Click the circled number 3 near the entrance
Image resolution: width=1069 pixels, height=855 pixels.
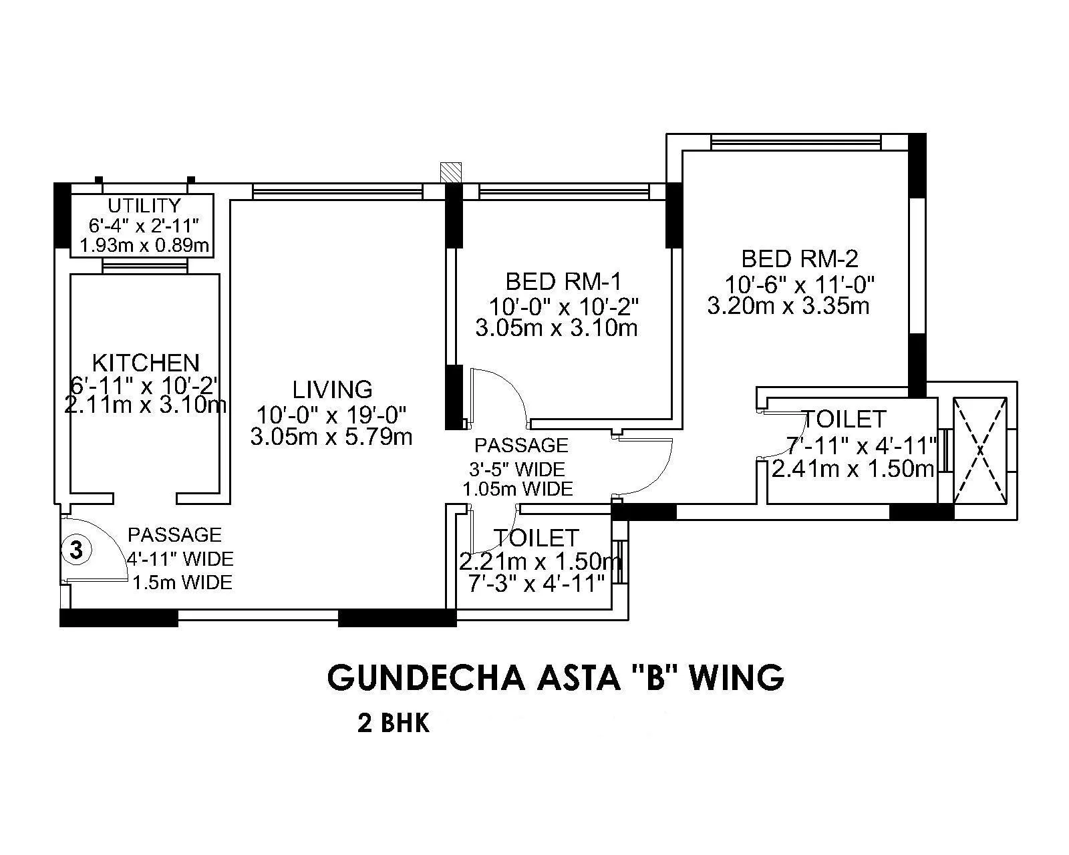click(x=77, y=550)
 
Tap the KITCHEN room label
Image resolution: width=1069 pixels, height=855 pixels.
click(x=146, y=363)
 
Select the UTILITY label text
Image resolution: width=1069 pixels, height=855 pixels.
click(x=144, y=205)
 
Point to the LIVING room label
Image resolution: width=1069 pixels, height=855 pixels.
click(x=332, y=389)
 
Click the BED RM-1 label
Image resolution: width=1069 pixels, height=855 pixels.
click(x=563, y=280)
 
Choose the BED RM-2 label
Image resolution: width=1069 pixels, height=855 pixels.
click(x=800, y=258)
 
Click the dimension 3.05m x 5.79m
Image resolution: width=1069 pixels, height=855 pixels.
click(x=331, y=438)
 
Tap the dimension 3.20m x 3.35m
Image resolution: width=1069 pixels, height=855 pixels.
click(x=788, y=307)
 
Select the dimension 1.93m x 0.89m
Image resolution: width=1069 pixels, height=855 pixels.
click(x=144, y=246)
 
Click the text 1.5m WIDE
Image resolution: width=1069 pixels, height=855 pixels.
click(x=182, y=582)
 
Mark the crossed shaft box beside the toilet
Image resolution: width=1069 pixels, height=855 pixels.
click(x=979, y=450)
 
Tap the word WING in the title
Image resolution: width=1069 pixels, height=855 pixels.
click(x=736, y=677)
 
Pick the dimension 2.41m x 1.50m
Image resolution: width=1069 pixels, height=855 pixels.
click(x=853, y=469)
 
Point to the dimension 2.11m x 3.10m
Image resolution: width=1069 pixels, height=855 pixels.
click(x=146, y=405)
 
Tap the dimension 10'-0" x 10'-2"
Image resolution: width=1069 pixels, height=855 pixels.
click(x=564, y=307)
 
